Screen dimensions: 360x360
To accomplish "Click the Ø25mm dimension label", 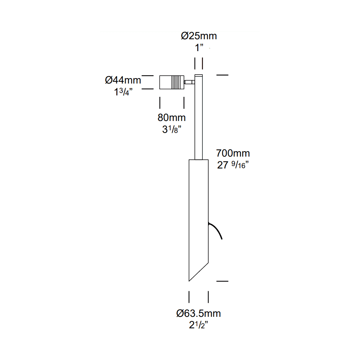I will coord(199,36).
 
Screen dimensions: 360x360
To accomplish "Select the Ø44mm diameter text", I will coord(123,80).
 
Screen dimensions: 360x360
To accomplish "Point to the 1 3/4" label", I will coord(123,91).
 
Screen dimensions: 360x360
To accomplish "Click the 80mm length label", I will coord(171,117).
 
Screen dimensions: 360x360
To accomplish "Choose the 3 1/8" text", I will coord(171,129).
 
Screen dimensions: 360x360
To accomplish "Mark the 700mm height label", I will coord(233,154).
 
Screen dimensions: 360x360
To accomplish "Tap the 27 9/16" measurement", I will coord(233,165).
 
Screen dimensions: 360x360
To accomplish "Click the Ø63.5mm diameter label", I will coord(199,313).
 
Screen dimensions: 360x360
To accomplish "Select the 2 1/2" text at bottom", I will coord(199,325).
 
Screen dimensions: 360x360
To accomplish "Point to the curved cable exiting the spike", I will coord(217,230).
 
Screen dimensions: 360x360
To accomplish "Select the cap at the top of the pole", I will coord(199,76).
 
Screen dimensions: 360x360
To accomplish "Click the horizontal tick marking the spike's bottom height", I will coord(222,280).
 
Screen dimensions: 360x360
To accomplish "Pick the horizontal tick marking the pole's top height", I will coord(222,75).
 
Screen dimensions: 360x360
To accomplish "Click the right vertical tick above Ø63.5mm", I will coord(209,297).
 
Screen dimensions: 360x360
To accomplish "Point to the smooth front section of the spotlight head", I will coord(165,82).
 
